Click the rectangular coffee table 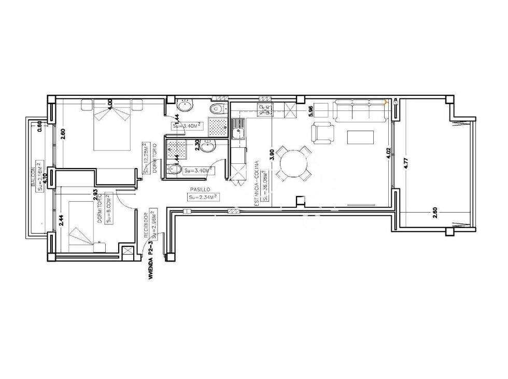pos(360,137)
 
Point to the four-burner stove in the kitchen pos(265,109)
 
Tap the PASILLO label pos(199,190)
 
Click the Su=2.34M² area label pos(203,197)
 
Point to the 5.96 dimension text pos(311,110)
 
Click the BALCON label pos(33,177)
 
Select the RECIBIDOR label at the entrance pos(146,228)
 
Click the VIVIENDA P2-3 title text pos(151,261)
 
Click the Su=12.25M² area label pos(147,158)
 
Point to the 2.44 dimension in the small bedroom pos(61,221)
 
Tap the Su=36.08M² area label pos(264,185)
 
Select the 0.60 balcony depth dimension pos(40,125)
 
